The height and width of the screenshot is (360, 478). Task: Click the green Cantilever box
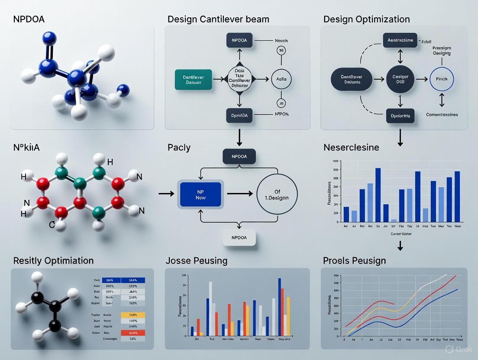tap(194, 80)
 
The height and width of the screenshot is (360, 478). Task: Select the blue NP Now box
tap(200, 194)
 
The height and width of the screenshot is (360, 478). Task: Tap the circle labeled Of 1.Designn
tap(278, 194)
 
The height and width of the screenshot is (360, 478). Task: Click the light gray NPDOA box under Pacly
tap(239, 238)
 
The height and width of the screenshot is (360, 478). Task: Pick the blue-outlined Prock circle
tap(442, 79)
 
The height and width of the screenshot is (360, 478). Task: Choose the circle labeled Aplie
tap(281, 79)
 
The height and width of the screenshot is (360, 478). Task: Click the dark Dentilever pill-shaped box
tap(352, 79)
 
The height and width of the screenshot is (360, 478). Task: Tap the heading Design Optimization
tap(366, 19)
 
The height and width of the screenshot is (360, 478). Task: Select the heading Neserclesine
tap(351, 148)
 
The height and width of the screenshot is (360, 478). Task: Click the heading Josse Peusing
tap(196, 260)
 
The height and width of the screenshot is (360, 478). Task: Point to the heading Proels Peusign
tap(354, 260)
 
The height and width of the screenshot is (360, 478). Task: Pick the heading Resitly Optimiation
tap(53, 260)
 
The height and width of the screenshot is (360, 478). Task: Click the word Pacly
tap(179, 148)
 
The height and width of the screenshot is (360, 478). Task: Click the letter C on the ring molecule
tap(51, 224)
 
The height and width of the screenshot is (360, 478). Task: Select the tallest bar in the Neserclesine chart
tap(378, 195)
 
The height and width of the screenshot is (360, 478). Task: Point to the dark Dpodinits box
tap(400, 116)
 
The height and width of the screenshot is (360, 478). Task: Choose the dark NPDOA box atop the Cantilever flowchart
tap(239, 40)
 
